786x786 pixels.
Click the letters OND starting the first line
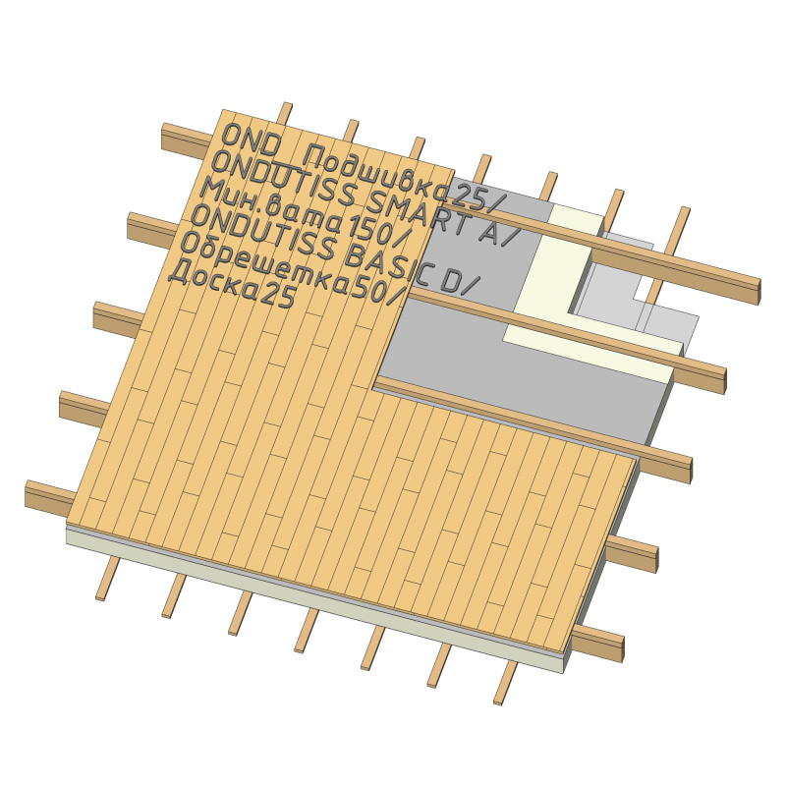pyautogui.click(x=251, y=139)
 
